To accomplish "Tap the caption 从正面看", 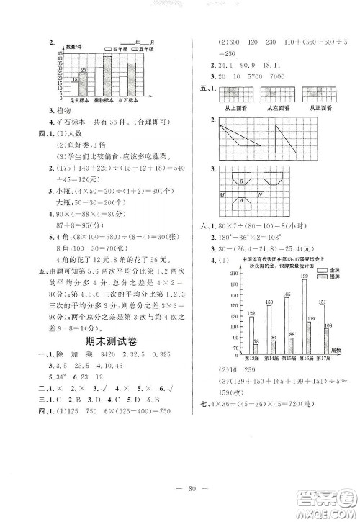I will [317, 105].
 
